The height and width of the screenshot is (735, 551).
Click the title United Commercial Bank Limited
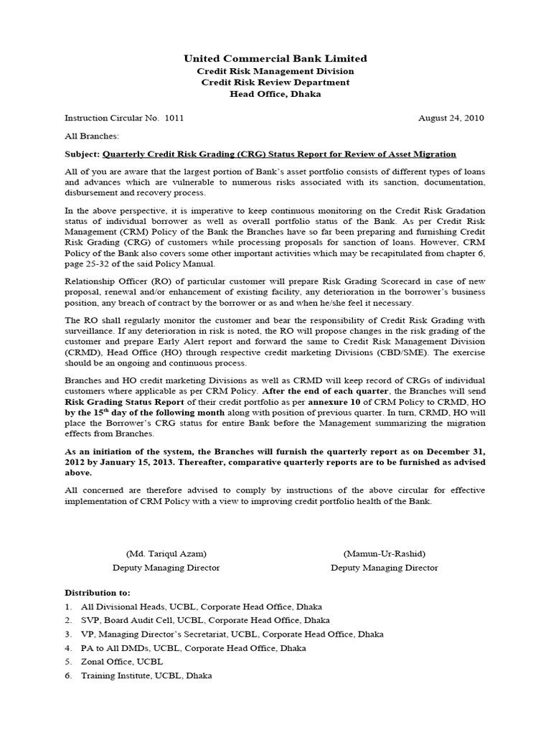(275, 58)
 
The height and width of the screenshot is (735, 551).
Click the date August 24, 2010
(451, 118)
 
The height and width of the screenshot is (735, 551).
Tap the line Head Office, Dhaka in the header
(275, 94)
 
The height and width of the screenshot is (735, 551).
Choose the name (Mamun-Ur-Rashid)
(384, 554)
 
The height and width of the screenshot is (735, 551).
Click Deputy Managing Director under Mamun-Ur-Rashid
(384, 568)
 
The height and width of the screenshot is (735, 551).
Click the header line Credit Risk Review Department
(275, 83)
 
